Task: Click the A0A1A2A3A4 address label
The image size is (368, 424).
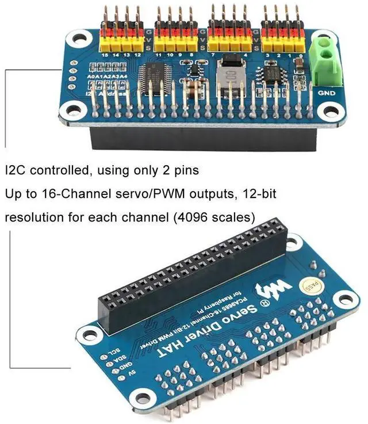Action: pyautogui.click(x=106, y=76)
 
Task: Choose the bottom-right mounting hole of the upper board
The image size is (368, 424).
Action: pyautogui.click(x=330, y=112)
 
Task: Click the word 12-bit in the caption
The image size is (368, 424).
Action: pyautogui.click(x=256, y=194)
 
